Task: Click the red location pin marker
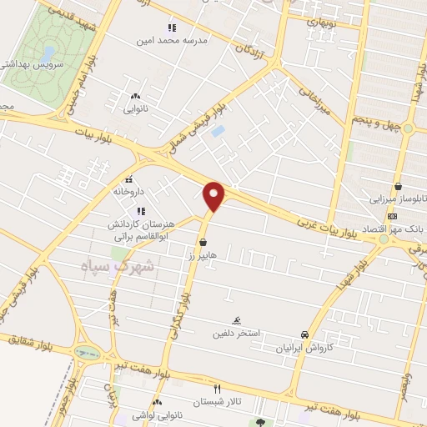coord(214,195)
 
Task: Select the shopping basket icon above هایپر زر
coord(203,242)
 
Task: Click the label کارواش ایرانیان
coord(305,346)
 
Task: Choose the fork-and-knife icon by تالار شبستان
coord(218,389)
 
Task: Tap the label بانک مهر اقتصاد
coord(397,227)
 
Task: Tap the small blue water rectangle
coord(218,131)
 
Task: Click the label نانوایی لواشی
coord(157,414)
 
